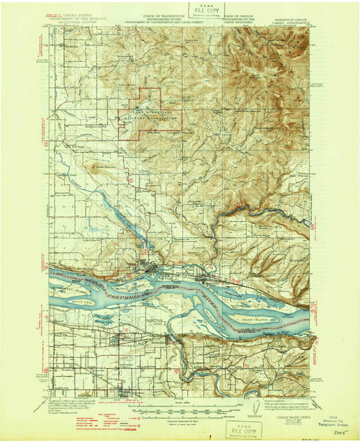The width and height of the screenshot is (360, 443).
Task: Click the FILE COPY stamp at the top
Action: tap(202, 11)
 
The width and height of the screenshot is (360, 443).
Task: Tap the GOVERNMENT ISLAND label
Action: tap(65, 286)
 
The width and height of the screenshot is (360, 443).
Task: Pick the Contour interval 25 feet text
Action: tap(180, 411)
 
